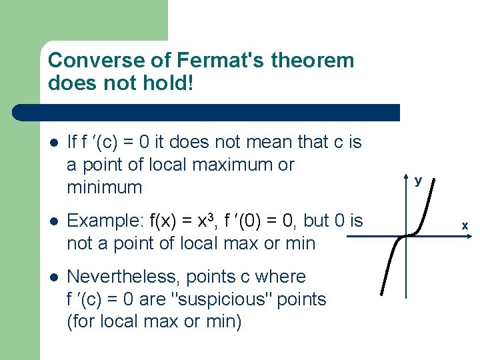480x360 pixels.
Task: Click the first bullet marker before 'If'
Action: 53,143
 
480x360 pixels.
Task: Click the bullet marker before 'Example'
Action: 53,221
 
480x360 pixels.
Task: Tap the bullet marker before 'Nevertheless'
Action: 53,277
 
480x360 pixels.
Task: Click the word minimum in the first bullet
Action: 105,187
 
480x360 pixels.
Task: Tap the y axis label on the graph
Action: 418,180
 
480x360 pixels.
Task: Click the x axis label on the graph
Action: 465,226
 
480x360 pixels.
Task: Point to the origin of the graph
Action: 406,235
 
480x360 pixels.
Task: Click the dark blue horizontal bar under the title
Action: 220,113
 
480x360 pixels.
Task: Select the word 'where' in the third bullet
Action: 281,277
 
